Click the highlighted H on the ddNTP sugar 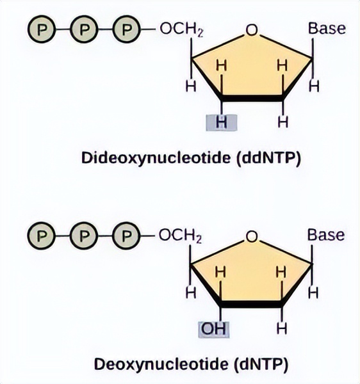tap(221, 122)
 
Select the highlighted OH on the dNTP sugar tap(213, 330)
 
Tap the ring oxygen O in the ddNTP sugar tap(252, 30)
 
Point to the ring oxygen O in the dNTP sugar tap(252, 237)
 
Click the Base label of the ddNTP tap(327, 28)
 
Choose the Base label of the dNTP tap(326, 235)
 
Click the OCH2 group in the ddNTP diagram tap(181, 29)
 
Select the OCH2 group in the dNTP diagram tap(181, 236)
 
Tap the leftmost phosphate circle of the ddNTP tap(42, 29)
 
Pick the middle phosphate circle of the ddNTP tap(84, 29)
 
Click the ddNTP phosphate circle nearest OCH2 tap(126, 29)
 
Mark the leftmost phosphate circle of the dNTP tap(42, 236)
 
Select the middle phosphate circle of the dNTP tap(83, 236)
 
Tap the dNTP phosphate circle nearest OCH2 tap(126, 236)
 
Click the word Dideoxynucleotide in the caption tap(156, 158)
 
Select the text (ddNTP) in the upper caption tap(268, 159)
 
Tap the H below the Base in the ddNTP tap(314, 86)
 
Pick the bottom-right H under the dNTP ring tap(282, 329)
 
